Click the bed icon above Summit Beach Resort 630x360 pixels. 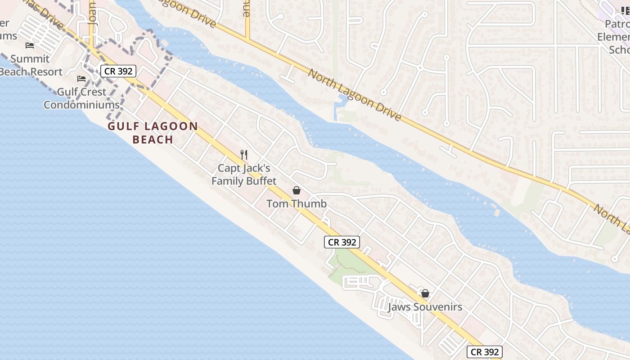[x=30, y=45]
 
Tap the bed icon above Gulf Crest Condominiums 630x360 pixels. [x=81, y=79]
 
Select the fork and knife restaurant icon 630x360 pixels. [x=244, y=155]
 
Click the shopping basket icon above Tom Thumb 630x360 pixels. [x=297, y=190]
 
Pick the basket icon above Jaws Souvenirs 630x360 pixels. [x=425, y=294]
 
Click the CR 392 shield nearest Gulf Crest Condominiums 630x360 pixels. [x=118, y=71]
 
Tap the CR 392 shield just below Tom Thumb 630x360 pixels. [x=342, y=242]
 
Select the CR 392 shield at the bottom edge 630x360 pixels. [x=484, y=352]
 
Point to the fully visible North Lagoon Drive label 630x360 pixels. [x=355, y=94]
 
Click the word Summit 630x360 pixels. [x=30, y=59]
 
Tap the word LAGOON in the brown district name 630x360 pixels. [x=174, y=126]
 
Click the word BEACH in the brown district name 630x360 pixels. [x=153, y=139]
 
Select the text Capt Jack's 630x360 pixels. [x=244, y=168]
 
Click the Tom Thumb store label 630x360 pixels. [x=297, y=203]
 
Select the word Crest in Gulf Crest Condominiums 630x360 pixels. [x=94, y=92]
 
